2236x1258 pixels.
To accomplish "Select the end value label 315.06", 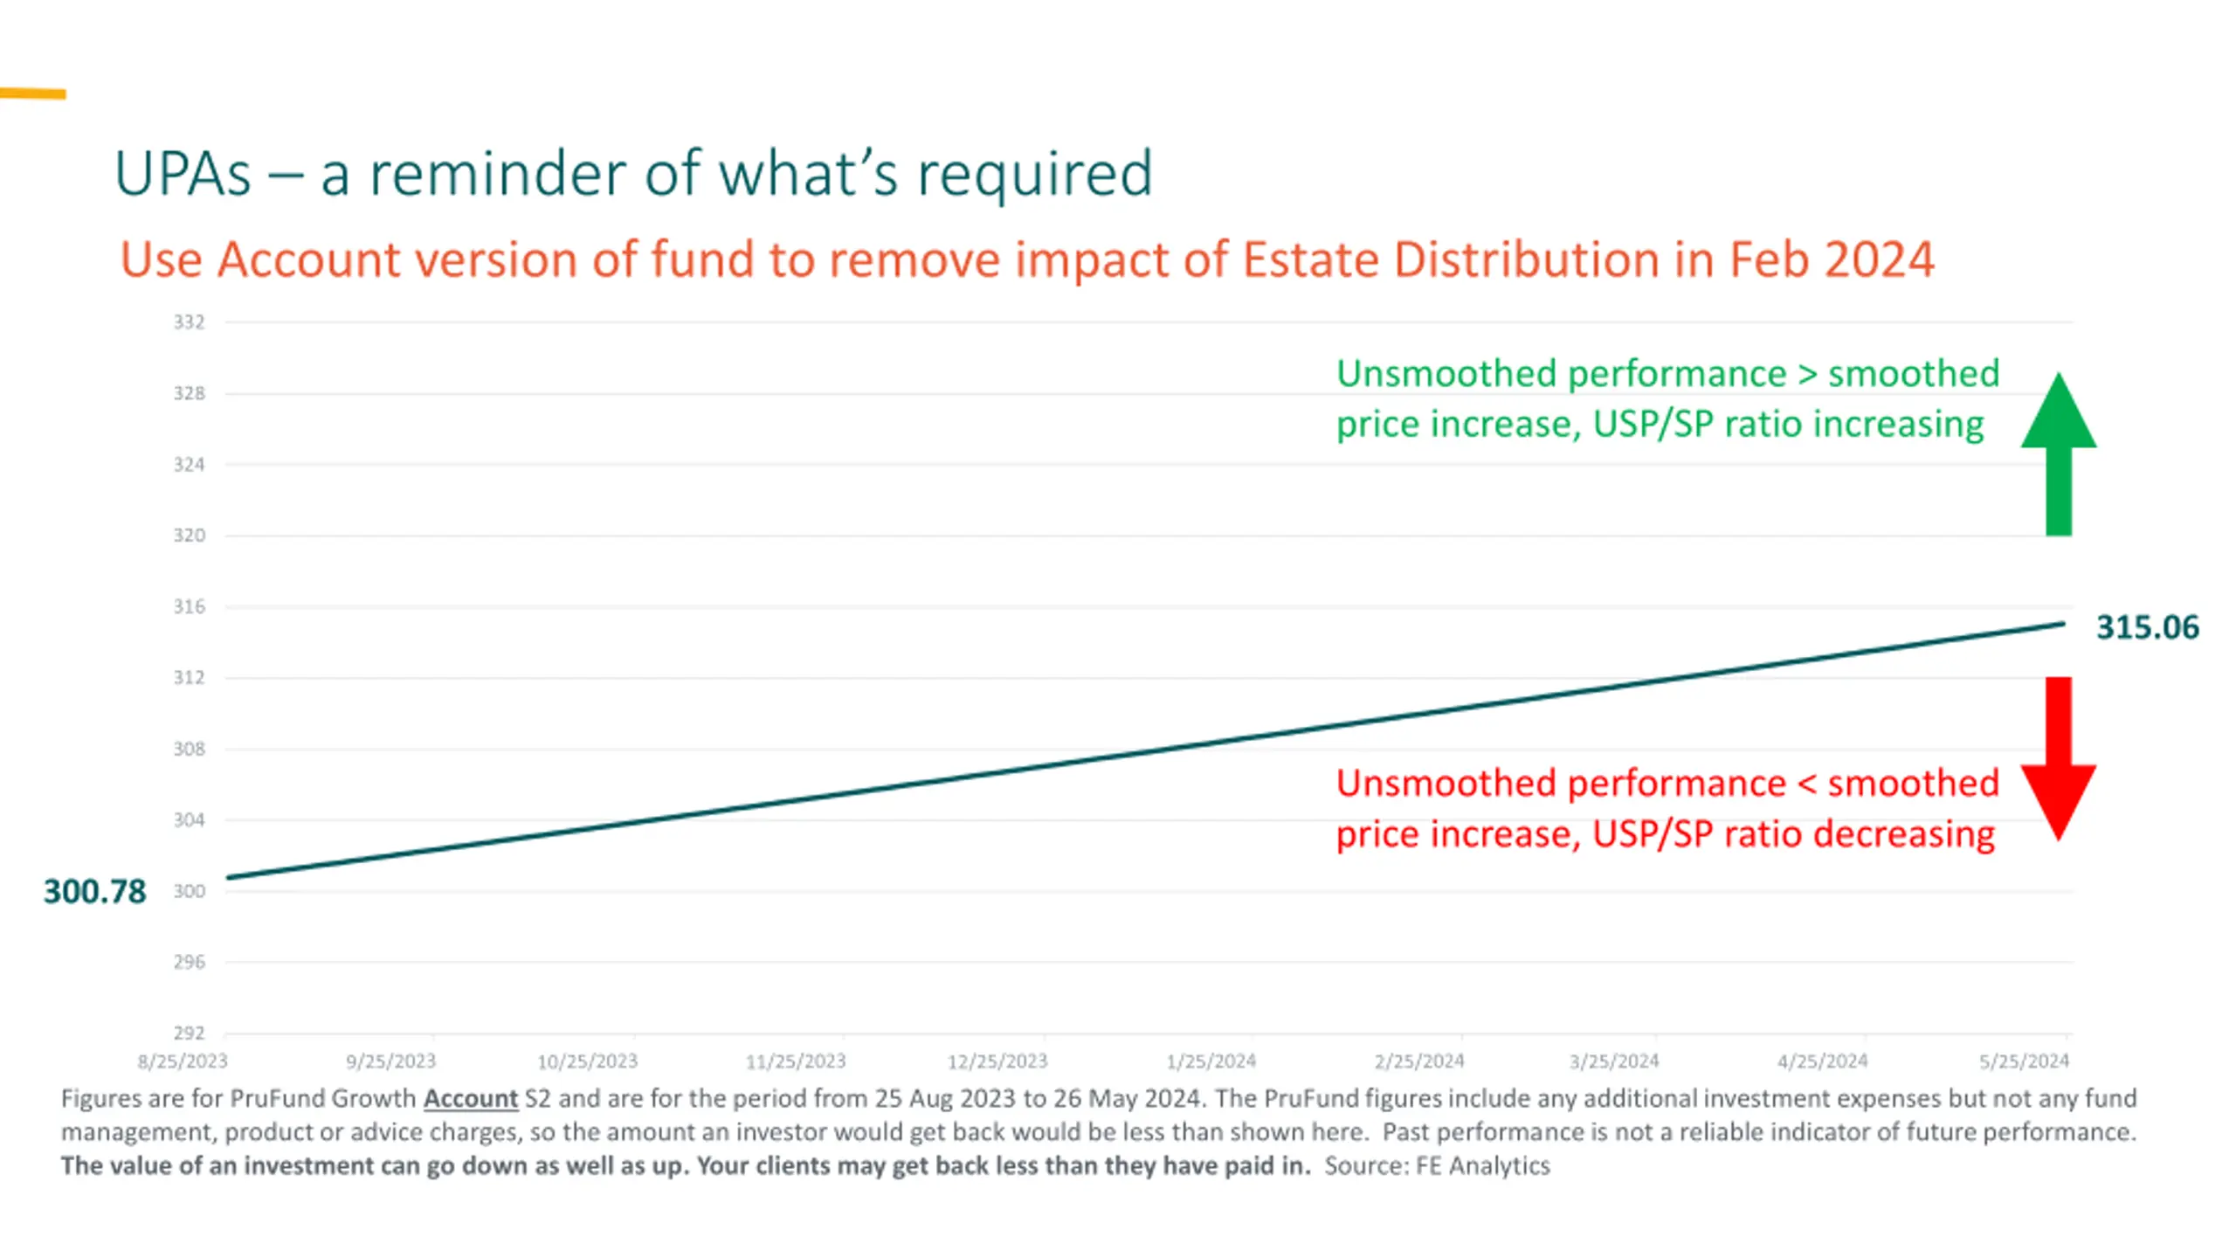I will tap(2147, 627).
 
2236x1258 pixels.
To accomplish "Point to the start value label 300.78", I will tap(94, 891).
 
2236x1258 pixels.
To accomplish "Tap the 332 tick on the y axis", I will tap(189, 322).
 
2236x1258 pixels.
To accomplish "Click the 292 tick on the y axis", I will tap(189, 1033).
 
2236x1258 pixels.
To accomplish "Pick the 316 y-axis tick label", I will tap(189, 606).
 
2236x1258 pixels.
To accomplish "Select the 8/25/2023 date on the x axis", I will tap(182, 1061).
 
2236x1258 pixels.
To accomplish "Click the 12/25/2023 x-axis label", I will tap(997, 1061).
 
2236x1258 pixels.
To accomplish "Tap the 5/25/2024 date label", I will tap(2024, 1061).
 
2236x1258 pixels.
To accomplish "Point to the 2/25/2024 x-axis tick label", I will tap(1418, 1061).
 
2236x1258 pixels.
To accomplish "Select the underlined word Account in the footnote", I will tap(471, 1098).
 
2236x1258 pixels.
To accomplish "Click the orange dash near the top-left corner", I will tap(32, 93).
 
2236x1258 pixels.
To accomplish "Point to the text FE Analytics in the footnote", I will tap(1482, 1165).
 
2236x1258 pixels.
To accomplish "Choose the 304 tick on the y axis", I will tap(189, 819).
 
